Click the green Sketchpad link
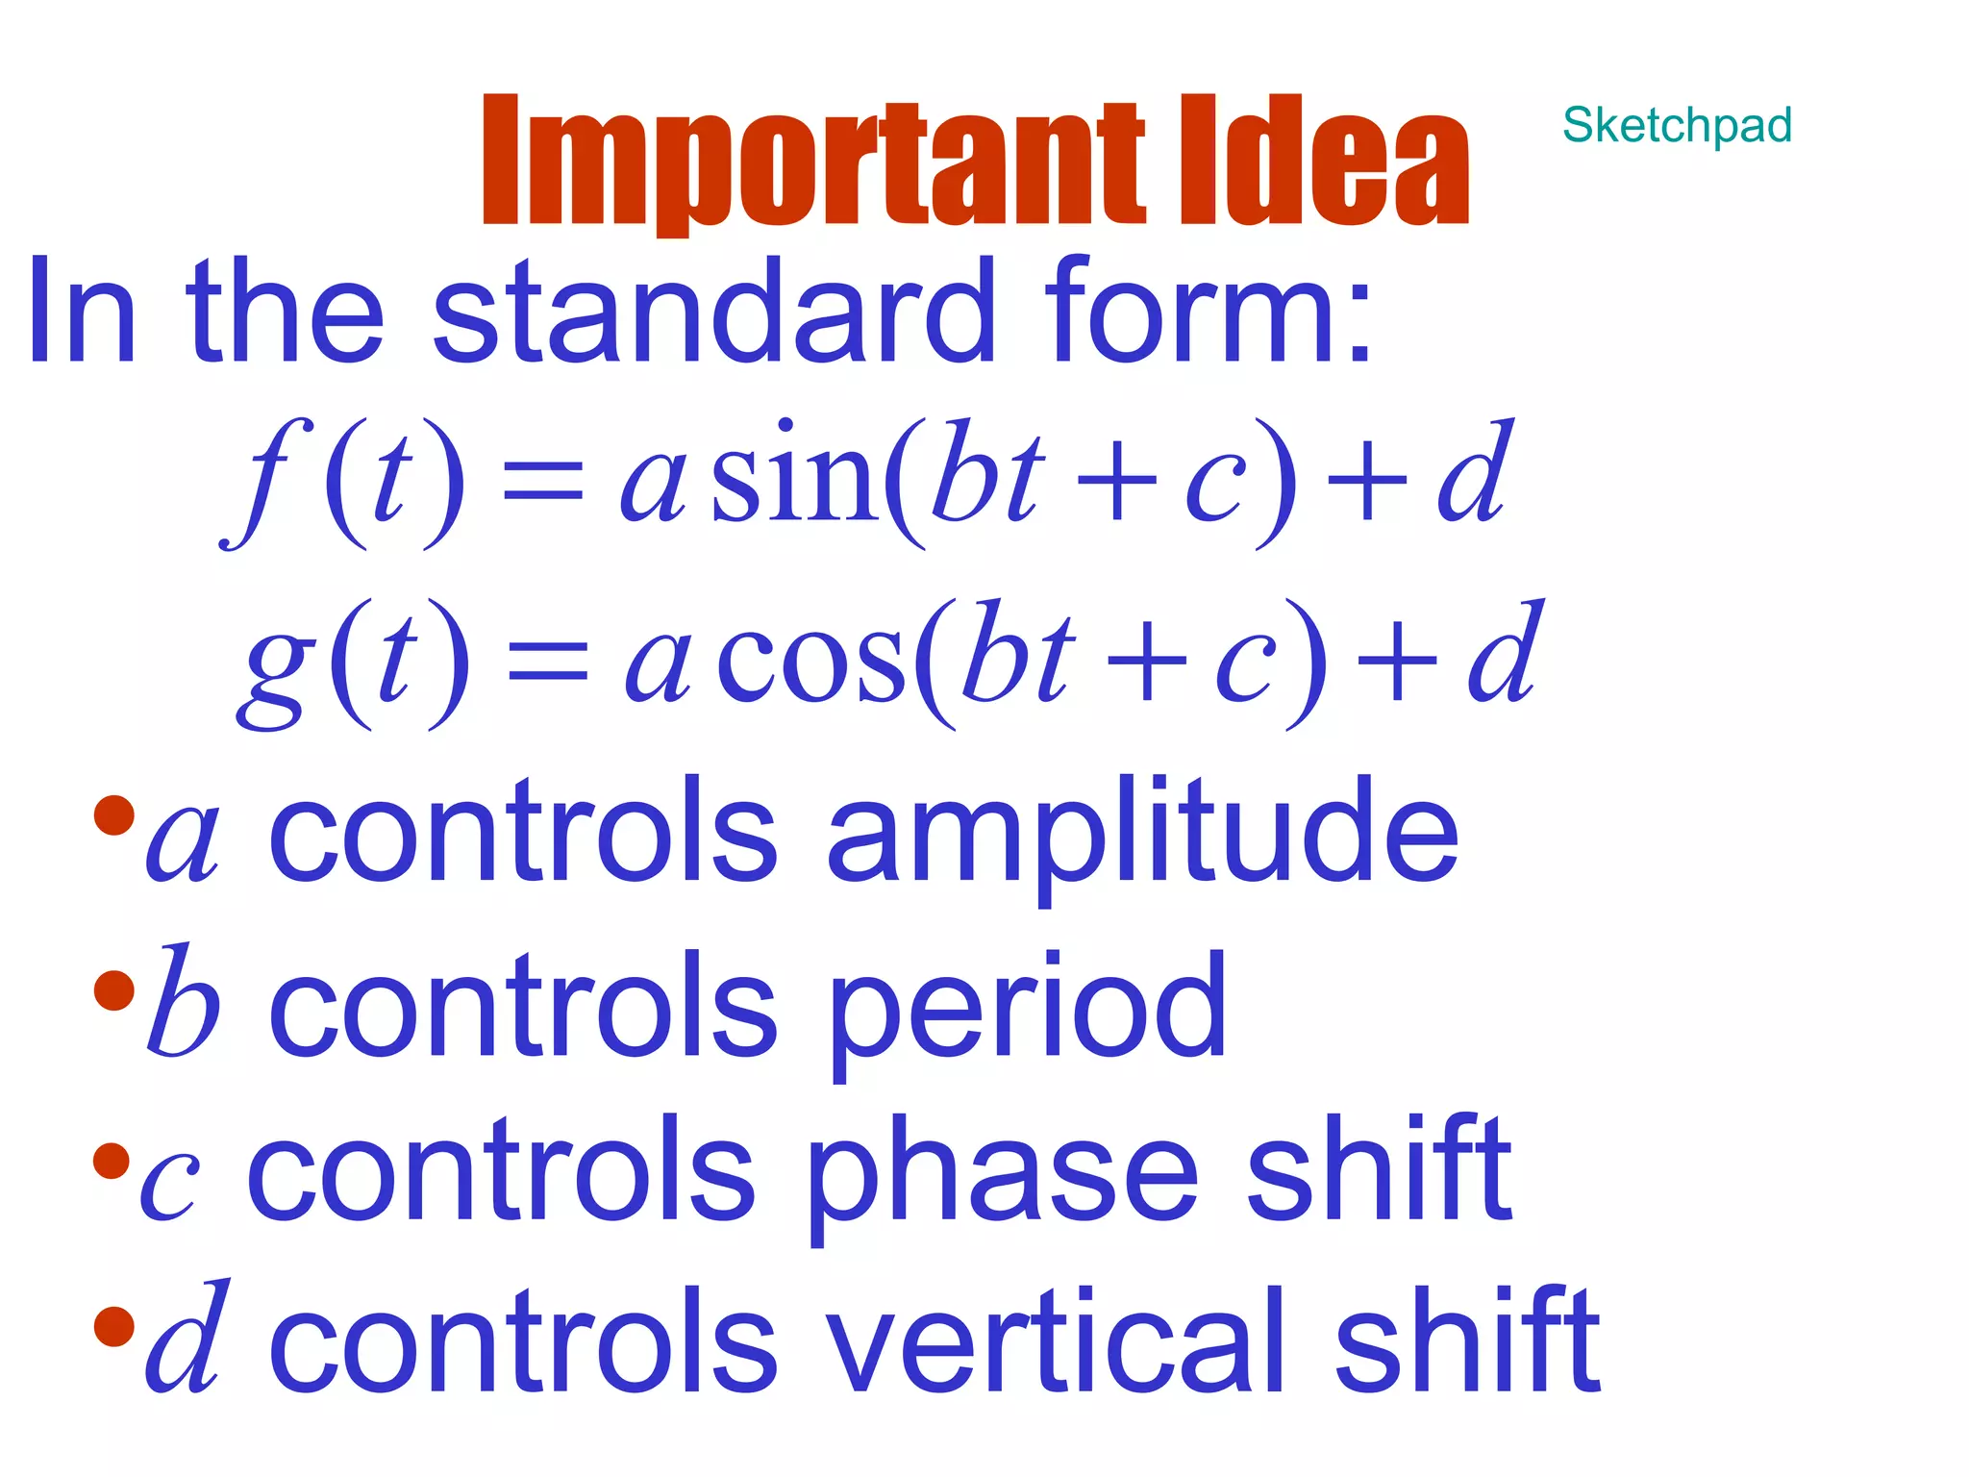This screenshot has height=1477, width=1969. [x=1677, y=126]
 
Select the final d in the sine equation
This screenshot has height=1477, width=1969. [x=1475, y=473]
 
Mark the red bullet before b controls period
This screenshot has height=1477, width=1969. [x=113, y=990]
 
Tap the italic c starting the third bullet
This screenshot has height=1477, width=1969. [x=170, y=1187]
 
